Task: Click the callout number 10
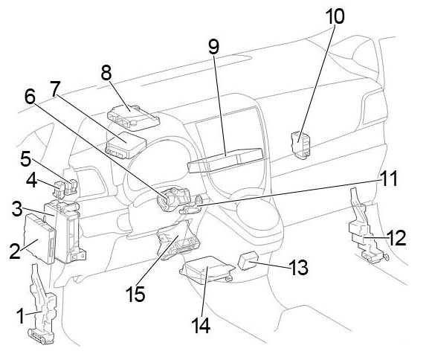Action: pos(335,16)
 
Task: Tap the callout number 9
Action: pos(213,47)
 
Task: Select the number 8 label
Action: pos(106,73)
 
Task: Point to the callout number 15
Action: pos(135,294)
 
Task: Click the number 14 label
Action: pos(201,325)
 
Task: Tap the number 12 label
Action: pos(396,237)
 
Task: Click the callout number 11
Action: pos(388,179)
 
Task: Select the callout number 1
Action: pos(21,315)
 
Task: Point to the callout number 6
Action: pos(30,97)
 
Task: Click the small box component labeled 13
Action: pos(248,260)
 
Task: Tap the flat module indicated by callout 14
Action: pos(207,270)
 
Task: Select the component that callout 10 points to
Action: pos(300,144)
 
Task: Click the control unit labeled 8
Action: pos(133,117)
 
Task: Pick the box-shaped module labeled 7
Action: pos(126,145)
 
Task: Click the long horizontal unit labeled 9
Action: pos(225,161)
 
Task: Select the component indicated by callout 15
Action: pos(178,240)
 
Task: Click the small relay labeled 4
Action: pos(59,190)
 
